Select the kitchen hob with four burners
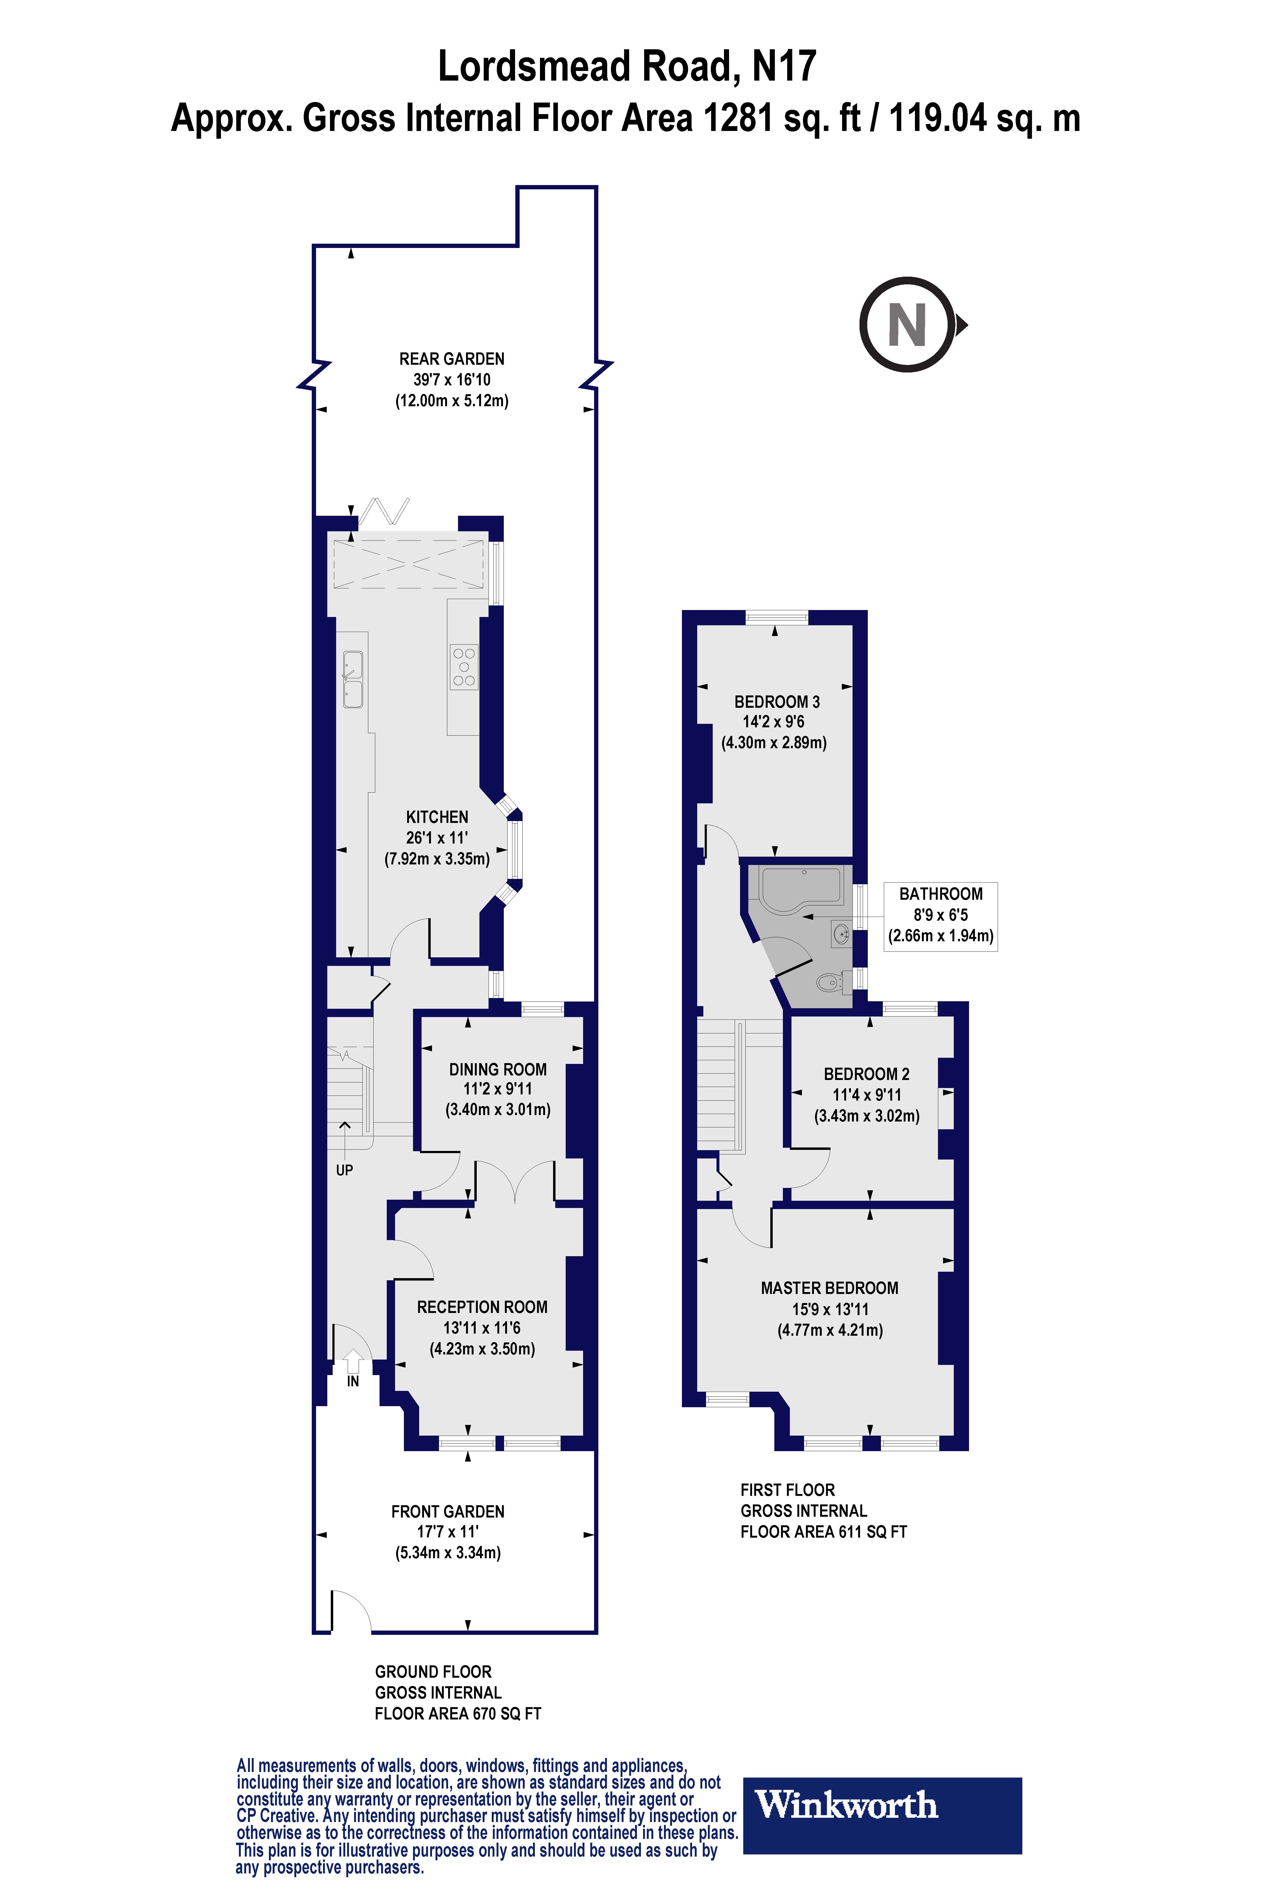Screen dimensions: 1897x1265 [x=464, y=667]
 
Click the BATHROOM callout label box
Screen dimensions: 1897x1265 [x=941, y=916]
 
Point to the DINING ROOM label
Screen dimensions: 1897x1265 [x=498, y=1070]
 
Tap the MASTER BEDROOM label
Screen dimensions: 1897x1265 [x=829, y=1288]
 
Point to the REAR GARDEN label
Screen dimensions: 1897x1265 [x=452, y=359]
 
